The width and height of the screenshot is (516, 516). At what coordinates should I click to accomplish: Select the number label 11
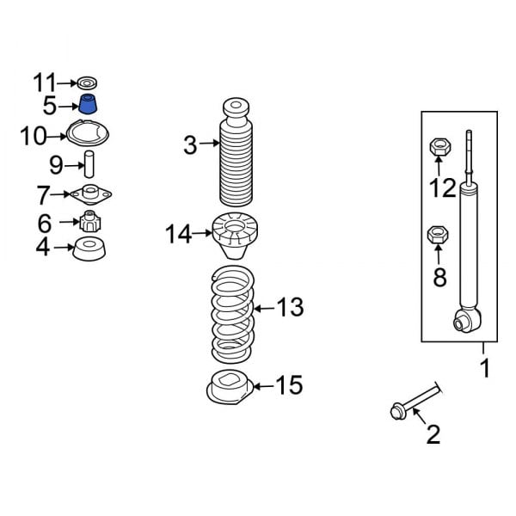pyautogui.click(x=45, y=83)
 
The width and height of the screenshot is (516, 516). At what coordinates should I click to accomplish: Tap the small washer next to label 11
pyautogui.click(x=87, y=83)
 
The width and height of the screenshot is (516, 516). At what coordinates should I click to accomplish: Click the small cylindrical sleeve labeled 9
pyautogui.click(x=88, y=163)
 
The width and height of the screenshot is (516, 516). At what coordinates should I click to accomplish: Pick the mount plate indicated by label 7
pyautogui.click(x=90, y=194)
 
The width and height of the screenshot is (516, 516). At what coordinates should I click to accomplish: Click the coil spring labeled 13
pyautogui.click(x=233, y=314)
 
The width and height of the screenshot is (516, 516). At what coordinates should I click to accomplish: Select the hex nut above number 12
pyautogui.click(x=437, y=148)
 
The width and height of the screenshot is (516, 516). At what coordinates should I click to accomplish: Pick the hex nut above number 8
pyautogui.click(x=437, y=233)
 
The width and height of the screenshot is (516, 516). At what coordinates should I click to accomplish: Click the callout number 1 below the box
pyautogui.click(x=485, y=370)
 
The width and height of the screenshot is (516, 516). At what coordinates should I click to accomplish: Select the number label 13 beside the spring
pyautogui.click(x=291, y=307)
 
